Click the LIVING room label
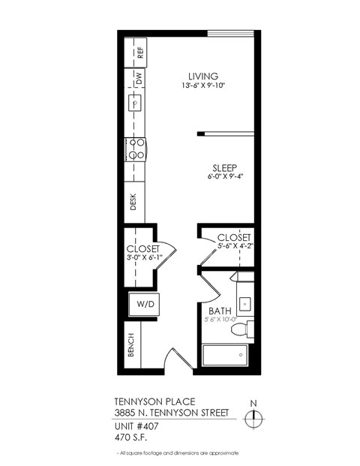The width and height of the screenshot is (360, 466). [202, 76]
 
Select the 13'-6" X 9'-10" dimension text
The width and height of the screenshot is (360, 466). [202, 86]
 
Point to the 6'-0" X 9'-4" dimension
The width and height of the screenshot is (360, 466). [226, 177]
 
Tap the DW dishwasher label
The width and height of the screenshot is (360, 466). [139, 77]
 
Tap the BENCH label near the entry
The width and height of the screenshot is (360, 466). [130, 344]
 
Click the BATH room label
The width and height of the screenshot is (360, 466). [220, 310]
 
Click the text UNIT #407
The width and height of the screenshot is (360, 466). [136, 425]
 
